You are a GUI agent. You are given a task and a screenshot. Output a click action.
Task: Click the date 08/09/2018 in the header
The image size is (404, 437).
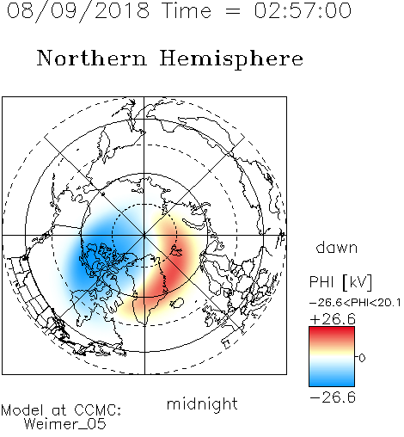point(78,11)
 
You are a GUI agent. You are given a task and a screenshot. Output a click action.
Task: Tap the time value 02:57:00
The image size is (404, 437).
point(303,10)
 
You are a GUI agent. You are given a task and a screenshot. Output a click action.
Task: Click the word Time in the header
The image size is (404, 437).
point(187,10)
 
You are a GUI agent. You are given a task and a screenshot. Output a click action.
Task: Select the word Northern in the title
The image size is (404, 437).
point(92,58)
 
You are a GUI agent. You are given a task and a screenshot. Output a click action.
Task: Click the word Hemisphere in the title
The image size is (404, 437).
point(231,59)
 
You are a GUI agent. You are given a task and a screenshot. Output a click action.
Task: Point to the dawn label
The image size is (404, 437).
point(337,247)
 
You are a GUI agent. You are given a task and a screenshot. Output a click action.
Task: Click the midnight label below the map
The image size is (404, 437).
point(202,404)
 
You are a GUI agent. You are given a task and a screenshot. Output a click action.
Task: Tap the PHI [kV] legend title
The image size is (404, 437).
point(340,282)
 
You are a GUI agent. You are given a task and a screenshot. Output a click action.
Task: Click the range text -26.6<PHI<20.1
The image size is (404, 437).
point(355,303)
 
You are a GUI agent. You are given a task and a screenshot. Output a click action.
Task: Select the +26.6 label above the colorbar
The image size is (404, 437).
point(333,319)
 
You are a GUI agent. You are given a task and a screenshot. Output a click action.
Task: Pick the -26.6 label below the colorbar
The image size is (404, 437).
point(333,397)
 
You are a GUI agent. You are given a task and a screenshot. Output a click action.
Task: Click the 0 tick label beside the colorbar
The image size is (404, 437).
point(362,358)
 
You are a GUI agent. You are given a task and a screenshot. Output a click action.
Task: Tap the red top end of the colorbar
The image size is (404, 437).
point(332,329)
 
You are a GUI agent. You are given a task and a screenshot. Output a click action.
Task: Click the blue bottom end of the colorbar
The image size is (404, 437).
point(332,384)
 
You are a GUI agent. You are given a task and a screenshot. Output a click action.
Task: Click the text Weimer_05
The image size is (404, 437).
point(65,424)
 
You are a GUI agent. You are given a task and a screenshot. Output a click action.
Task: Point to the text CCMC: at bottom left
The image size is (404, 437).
point(98,410)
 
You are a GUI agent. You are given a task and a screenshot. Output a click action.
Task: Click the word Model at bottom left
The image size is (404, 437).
point(22,410)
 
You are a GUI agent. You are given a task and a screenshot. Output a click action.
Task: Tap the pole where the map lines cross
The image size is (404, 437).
point(144,235)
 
